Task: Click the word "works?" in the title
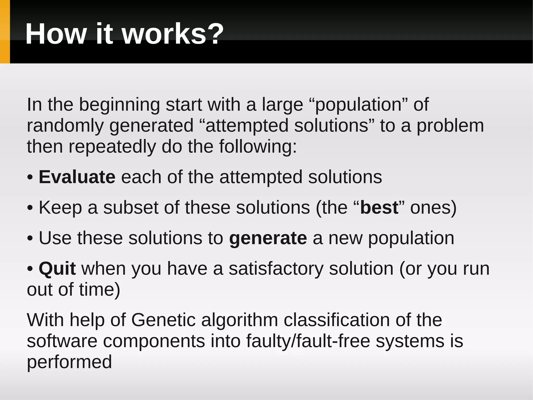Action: pos(173,34)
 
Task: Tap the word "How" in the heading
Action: pos(55,34)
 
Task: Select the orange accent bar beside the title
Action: pos(5,32)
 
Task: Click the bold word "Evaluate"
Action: pos(77,177)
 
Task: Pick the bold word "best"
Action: pos(379,207)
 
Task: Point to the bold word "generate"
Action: pos(268,238)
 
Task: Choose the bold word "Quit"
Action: pos(57,268)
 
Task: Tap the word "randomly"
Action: pos(65,126)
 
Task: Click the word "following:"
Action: pos(258,146)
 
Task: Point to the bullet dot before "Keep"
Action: pos(30,208)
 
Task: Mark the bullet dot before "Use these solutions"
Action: pos(30,238)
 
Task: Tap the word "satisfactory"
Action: pos(276,268)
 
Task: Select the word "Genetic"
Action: pos(163,320)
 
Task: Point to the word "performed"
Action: pos(69,362)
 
